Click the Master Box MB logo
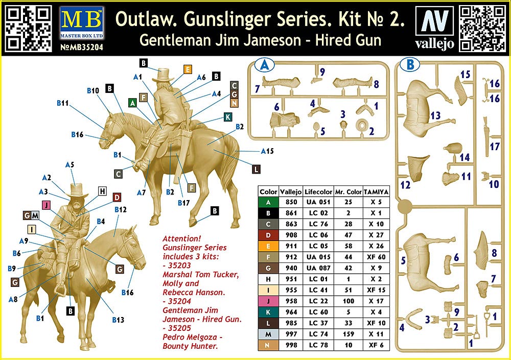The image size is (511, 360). coord(81,23)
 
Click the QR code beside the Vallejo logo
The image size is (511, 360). coord(482,29)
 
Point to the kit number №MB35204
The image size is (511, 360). coord(81,47)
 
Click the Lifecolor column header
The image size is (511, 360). coord(318,192)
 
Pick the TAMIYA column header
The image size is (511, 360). coord(376,192)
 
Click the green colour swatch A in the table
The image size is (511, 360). coord(268,202)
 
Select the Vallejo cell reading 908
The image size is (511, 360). coord(291,235)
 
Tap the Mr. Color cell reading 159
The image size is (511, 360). coord(348,334)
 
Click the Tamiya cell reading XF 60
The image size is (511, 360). coord(376,257)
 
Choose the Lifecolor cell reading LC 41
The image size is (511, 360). coord(318,290)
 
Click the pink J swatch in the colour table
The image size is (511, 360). coord(268,301)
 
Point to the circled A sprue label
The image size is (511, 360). coord(264,65)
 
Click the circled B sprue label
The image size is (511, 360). coord(410,64)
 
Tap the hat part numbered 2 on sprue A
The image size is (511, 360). coord(362,125)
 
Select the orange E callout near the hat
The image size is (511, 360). coord(188,69)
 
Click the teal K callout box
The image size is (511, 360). coord(228,117)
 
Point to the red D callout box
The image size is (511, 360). coord(117,197)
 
